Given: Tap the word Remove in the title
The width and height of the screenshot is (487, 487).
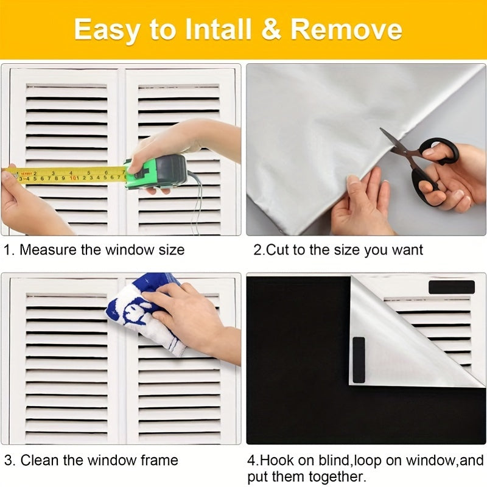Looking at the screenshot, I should point(346,30).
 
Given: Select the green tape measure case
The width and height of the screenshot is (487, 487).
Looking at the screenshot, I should point(156,171).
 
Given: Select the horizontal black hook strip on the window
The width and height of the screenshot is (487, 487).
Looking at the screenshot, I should point(451,287).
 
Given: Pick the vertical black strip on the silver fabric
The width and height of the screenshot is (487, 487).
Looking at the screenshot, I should point(359,360).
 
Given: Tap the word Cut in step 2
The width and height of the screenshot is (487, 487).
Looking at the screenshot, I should point(273,250).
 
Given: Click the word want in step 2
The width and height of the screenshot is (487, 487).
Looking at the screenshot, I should point(407,250).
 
